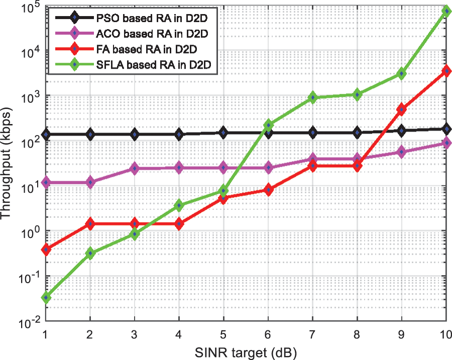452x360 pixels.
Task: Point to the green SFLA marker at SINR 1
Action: pos(46,298)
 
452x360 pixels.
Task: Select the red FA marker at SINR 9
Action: pos(402,109)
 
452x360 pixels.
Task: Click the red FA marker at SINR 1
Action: pos(46,249)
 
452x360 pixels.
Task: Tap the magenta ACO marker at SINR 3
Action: pos(135,169)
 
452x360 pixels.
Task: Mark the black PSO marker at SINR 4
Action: pos(179,134)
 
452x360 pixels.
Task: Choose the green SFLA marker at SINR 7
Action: pos(313,98)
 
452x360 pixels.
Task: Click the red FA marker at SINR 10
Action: pos(446,71)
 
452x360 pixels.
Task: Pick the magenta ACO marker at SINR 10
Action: pos(446,143)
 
